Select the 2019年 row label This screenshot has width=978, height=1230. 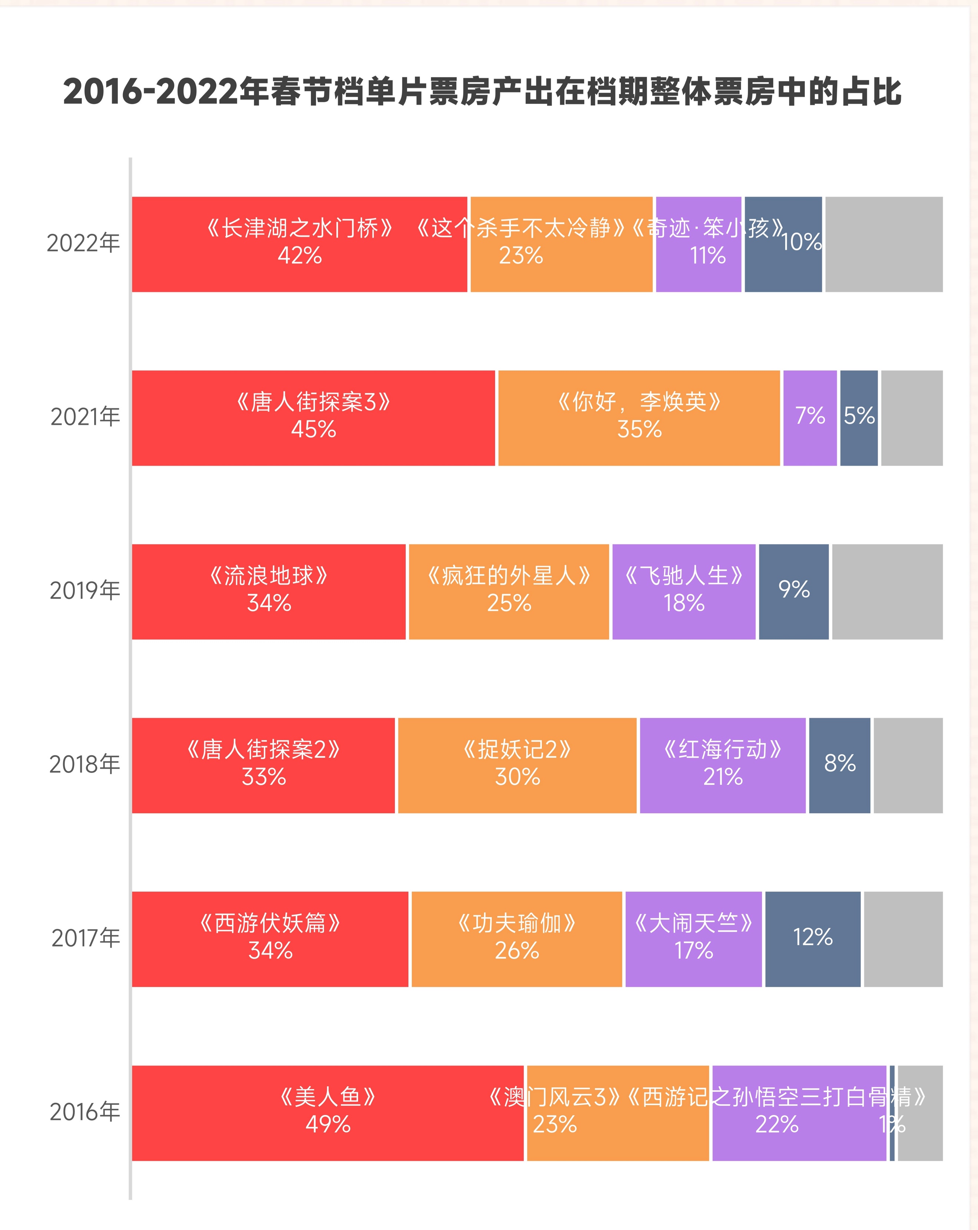85,591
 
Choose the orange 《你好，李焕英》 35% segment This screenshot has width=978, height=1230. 639,418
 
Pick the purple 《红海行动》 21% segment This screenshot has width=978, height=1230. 723,765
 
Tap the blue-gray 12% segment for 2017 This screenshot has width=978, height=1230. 813,939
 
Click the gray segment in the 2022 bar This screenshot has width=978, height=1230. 883,244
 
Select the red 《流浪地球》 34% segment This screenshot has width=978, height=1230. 269,592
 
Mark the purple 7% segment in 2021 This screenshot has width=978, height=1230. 810,418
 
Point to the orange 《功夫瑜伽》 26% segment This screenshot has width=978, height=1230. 517,939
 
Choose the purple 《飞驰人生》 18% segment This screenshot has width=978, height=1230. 684,592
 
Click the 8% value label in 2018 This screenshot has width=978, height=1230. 839,763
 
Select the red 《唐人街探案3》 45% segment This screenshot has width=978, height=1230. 313,418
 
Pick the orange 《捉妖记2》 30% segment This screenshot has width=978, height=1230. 517,765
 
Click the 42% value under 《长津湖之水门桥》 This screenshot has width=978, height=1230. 299,255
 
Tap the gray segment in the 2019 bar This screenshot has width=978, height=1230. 887,592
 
